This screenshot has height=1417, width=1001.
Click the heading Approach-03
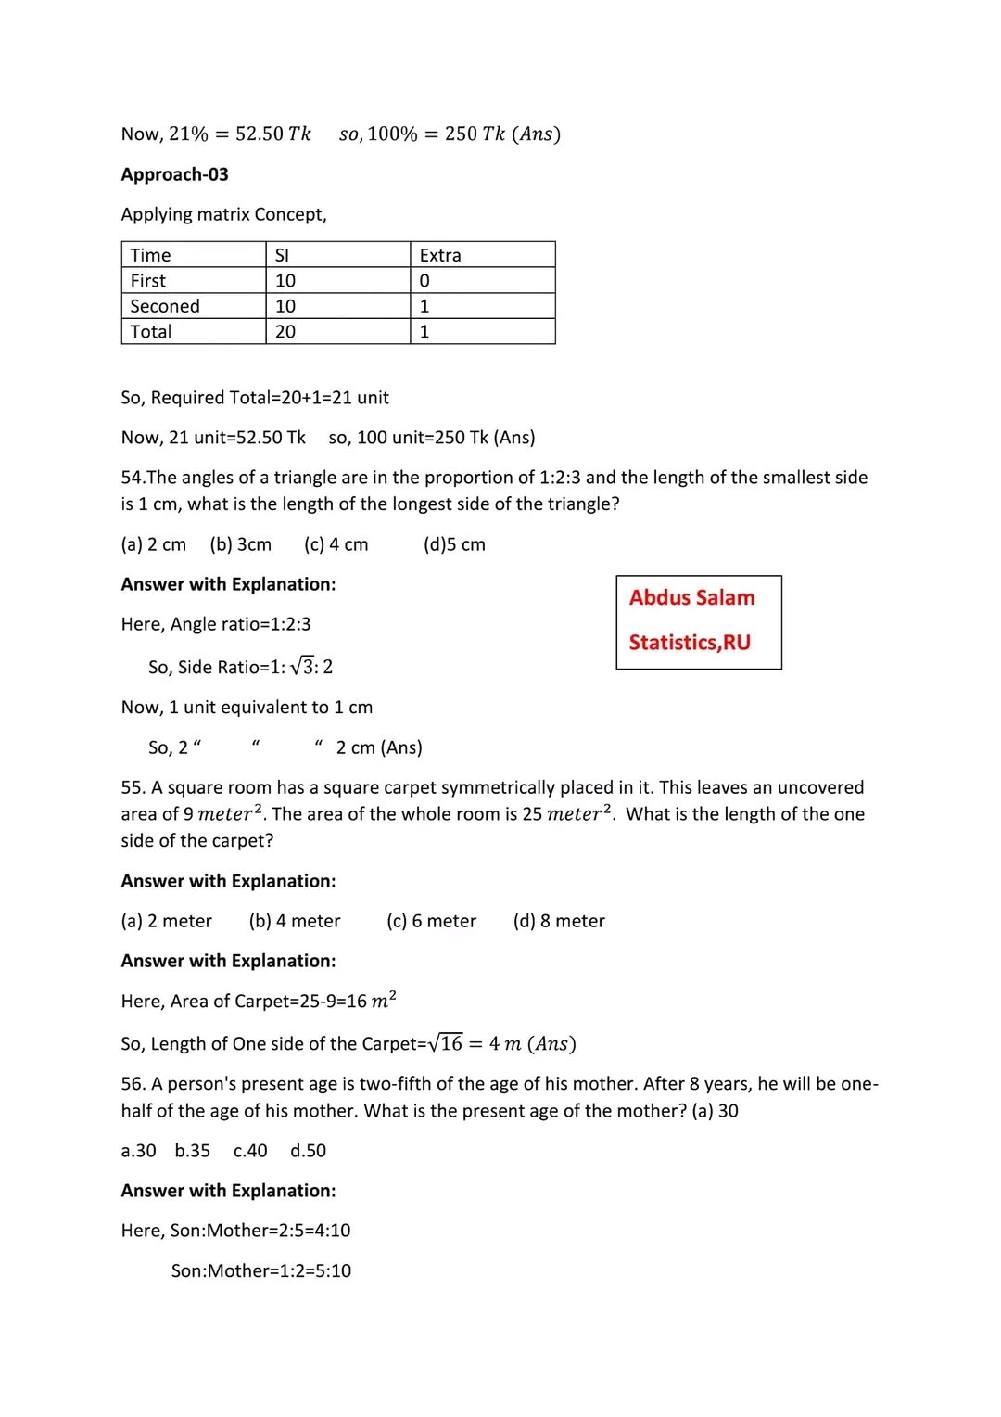[174, 174]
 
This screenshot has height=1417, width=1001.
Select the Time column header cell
[151, 255]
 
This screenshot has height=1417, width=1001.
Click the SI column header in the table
[282, 255]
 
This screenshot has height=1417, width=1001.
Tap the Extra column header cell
[440, 255]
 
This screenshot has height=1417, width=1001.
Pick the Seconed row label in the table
[165, 306]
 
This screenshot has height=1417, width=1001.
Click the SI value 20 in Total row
[285, 332]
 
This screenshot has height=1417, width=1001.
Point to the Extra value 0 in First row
[424, 281]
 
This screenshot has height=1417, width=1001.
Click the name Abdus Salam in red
[691, 598]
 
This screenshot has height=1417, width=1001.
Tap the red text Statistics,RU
[690, 643]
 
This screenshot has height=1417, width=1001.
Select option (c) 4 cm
[336, 544]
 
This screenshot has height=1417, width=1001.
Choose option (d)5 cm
[454, 544]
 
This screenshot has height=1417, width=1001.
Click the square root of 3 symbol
[302, 666]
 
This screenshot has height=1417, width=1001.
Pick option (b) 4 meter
[295, 921]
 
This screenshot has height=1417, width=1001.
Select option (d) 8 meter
[559, 921]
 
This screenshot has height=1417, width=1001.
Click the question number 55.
[133, 787]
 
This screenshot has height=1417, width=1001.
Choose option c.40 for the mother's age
[250, 1151]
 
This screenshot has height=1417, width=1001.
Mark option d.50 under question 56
[308, 1151]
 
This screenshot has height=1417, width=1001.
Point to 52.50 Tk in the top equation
[273, 134]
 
